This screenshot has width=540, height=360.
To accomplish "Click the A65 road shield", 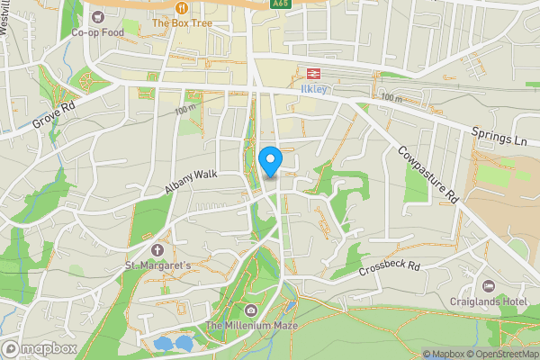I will coord(280,4).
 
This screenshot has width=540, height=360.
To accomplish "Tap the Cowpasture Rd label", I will coord(428,174).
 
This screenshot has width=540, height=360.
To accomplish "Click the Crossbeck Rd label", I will coord(389,267).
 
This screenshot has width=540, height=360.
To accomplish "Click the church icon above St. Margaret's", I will coord(158,249).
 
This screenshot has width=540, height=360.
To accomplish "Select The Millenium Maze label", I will coord(250,325).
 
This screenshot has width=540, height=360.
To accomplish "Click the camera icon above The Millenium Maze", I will coord(250,310).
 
